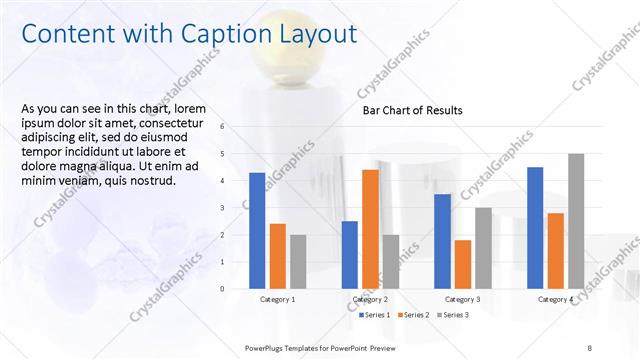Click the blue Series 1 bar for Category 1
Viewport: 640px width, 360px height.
pos(257,230)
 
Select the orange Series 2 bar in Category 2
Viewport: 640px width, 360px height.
pos(370,229)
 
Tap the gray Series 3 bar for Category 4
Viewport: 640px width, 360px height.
pos(576,221)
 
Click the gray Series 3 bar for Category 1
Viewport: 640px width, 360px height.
pos(298,261)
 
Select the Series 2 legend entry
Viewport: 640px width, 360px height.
pos(414,315)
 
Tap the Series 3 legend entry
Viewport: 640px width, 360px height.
pos(452,315)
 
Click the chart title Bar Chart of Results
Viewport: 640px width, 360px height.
pos(412,111)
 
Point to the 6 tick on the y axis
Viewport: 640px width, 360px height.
pos(236,127)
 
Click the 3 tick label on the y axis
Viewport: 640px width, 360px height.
pos(236,208)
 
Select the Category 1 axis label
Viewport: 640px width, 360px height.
pos(278,299)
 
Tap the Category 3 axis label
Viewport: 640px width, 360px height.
pos(463,299)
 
